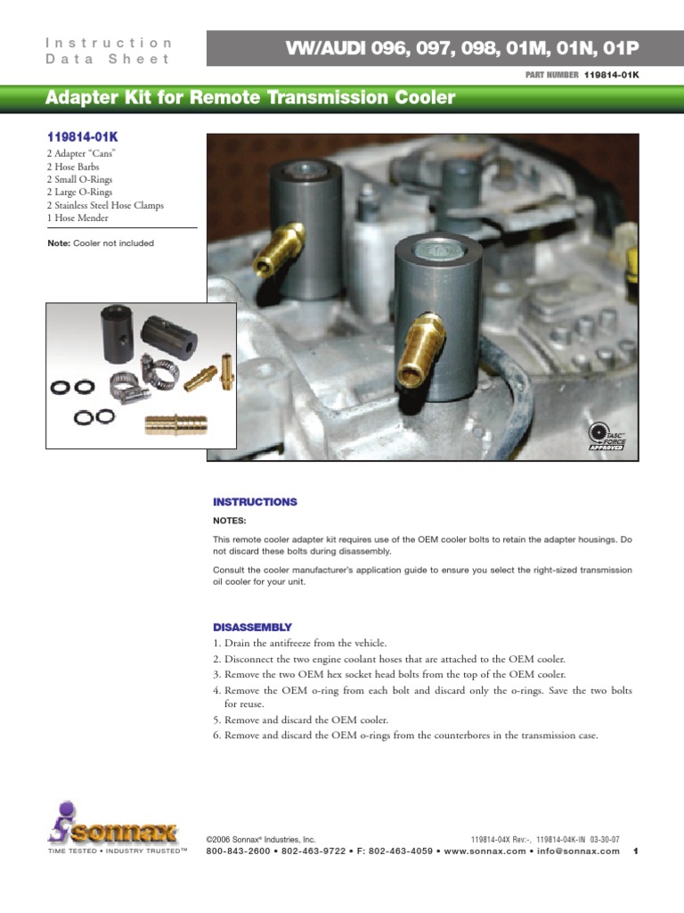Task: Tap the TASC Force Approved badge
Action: point(607,437)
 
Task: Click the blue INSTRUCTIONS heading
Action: point(255,502)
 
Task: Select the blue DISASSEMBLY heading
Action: point(252,628)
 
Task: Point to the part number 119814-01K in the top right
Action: point(612,75)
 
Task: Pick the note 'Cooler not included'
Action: point(101,243)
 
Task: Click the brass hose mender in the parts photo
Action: point(175,423)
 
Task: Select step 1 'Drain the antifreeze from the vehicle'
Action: point(300,643)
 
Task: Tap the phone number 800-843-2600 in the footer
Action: point(240,851)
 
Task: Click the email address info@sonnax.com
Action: point(575,851)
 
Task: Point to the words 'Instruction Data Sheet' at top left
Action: point(108,51)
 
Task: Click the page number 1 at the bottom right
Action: point(635,851)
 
